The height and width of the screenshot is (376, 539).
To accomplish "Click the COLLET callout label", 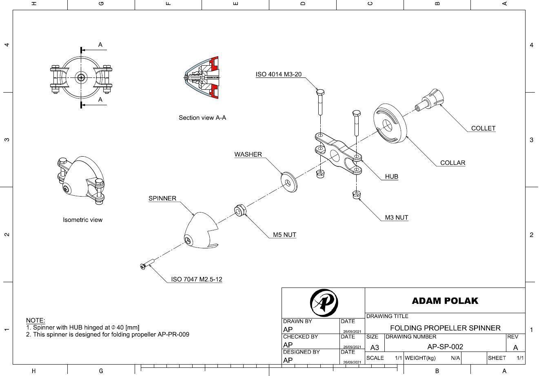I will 483,128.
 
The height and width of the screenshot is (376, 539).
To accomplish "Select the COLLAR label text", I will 452,163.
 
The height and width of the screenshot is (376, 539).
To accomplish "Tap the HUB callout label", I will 391,177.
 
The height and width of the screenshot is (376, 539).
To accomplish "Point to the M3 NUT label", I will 396,217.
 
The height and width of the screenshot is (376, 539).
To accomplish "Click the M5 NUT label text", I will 284,235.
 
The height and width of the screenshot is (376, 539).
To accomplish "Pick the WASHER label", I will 248,154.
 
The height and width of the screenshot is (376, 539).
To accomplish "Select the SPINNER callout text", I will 162,198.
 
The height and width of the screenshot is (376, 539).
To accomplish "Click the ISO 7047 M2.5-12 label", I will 196,279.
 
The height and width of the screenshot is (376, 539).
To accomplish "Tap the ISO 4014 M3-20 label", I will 278,74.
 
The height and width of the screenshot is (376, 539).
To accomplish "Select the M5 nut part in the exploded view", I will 240,210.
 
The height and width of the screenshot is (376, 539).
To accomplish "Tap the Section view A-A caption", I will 202,117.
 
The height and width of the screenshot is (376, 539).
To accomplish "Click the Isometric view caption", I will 82,220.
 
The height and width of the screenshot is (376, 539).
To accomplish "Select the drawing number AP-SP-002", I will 445,347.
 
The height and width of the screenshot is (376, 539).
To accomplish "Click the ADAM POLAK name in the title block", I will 445,301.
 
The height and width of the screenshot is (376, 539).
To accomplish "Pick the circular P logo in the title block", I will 324,302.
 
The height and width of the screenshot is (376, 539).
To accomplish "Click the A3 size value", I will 374,347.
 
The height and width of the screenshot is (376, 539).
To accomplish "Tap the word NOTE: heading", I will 35,321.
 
